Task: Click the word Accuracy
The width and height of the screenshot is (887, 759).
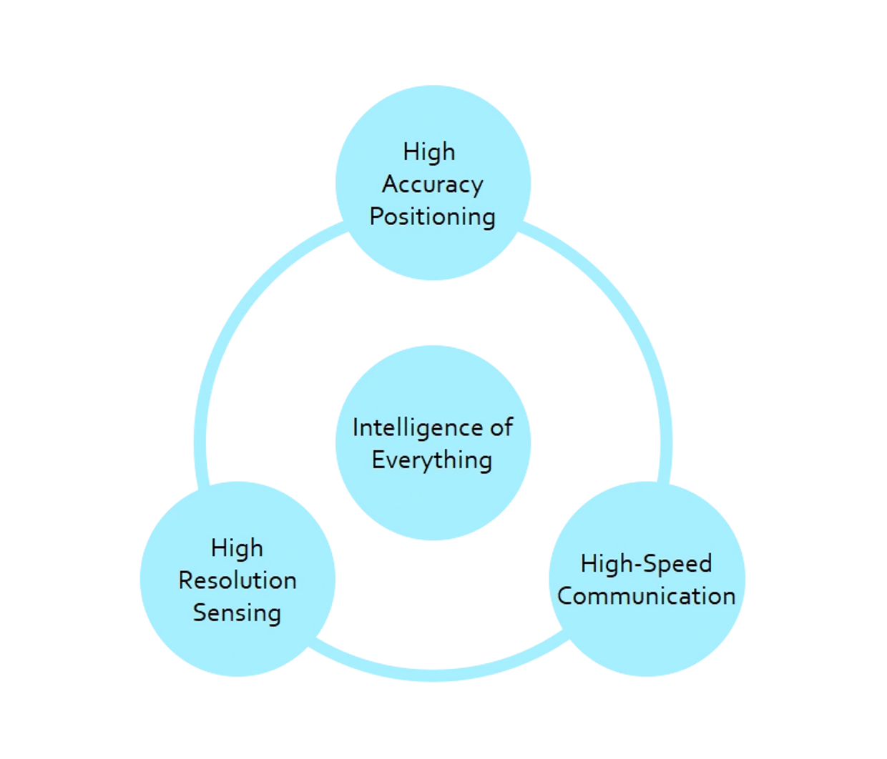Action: (x=432, y=185)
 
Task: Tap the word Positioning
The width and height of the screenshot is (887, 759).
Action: (x=432, y=217)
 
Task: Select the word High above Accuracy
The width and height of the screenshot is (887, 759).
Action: (x=429, y=152)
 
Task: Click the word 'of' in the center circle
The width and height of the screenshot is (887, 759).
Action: (x=501, y=427)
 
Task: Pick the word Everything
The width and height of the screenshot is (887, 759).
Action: (x=432, y=460)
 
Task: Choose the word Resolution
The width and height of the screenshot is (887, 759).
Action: (x=237, y=580)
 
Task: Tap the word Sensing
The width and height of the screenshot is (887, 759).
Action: (x=237, y=613)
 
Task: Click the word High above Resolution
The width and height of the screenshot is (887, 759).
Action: (x=237, y=548)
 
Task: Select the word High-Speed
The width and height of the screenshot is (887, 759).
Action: (x=646, y=564)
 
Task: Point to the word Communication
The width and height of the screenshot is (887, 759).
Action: (x=647, y=596)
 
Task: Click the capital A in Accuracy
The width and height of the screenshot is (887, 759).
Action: (x=391, y=184)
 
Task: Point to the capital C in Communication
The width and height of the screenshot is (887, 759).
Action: (x=566, y=596)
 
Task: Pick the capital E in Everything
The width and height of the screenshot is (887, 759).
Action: (x=377, y=459)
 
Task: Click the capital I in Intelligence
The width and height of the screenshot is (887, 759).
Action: (x=356, y=427)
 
